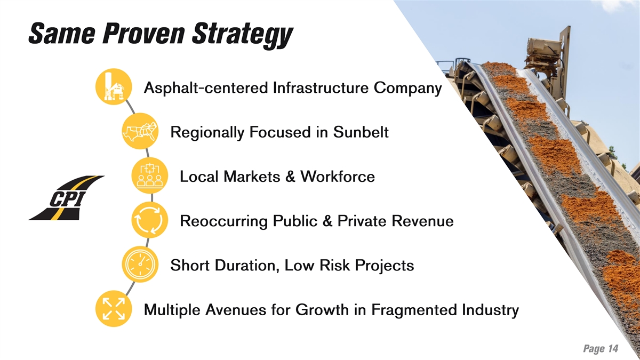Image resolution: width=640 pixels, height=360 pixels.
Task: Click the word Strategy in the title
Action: (243, 35)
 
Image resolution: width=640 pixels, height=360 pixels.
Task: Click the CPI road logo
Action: (67, 198)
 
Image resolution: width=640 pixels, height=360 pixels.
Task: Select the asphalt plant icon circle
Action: (114, 86)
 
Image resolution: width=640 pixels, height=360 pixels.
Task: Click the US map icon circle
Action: (140, 131)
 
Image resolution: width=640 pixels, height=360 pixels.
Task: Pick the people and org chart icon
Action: (150, 175)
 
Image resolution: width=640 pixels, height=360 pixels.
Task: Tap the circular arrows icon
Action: (150, 220)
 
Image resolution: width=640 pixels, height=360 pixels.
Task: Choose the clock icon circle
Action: (140, 265)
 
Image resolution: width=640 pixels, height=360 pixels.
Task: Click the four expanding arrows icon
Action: (114, 309)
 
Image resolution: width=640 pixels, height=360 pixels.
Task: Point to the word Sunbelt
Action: (361, 132)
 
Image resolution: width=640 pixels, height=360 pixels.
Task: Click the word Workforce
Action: (338, 177)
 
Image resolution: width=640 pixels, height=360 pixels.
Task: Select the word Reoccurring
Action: (223, 222)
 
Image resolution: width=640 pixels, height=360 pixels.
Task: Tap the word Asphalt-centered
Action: (206, 87)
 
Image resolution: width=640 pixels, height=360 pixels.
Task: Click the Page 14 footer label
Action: (601, 349)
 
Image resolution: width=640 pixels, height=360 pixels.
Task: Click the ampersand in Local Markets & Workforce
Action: (290, 177)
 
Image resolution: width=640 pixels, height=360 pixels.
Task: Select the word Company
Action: (407, 89)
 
